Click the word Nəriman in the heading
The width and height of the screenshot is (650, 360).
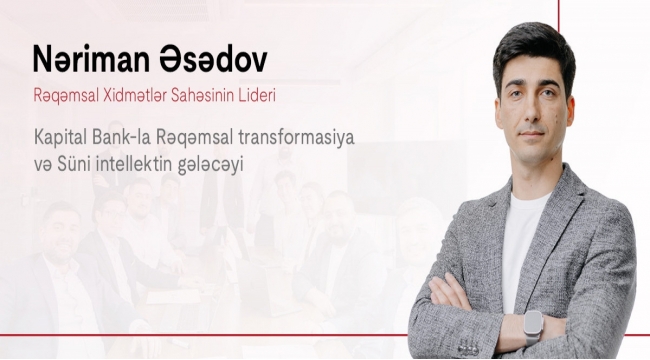(x=91, y=58)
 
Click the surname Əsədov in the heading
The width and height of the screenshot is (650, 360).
(x=213, y=58)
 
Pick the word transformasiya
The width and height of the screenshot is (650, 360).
(x=296, y=138)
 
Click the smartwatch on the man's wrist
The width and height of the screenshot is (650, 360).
(x=533, y=326)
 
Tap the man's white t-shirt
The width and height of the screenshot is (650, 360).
(x=521, y=245)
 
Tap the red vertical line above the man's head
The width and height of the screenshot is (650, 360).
(x=559, y=16)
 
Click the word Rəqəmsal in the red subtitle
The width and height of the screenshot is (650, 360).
(x=66, y=97)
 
